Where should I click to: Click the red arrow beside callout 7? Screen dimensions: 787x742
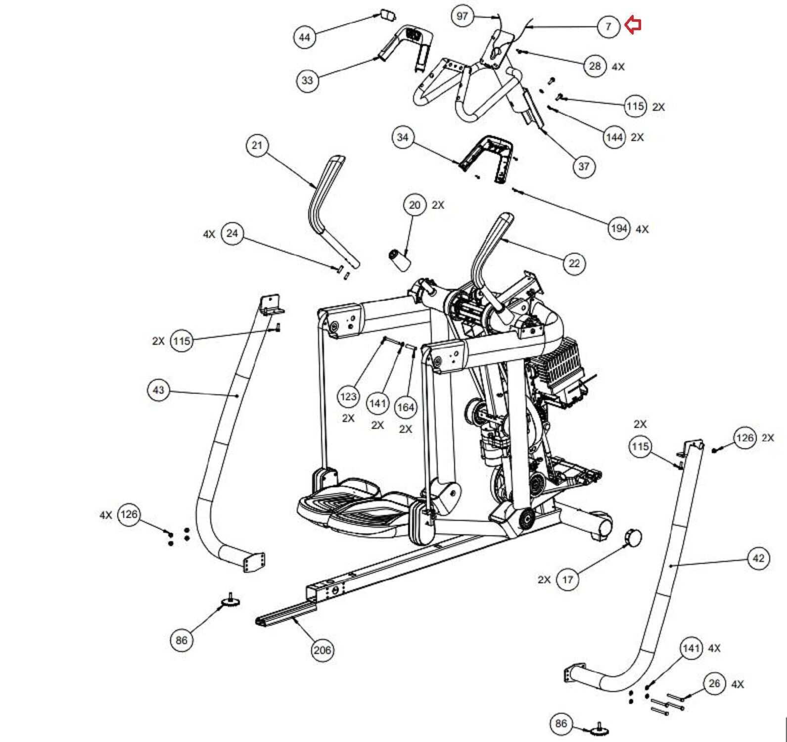tap(633, 25)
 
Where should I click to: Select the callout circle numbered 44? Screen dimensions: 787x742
tap(305, 37)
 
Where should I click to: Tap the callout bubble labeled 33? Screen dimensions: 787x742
tap(307, 80)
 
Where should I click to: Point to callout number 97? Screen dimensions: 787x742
tap(462, 16)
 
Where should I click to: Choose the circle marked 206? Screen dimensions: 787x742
tap(323, 650)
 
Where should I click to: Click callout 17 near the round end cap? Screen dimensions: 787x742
tap(567, 579)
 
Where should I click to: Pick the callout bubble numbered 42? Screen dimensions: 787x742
tap(758, 559)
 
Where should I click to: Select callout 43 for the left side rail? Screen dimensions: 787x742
tap(158, 390)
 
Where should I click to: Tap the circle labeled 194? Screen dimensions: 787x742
tap(619, 229)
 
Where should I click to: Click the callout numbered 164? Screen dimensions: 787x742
tap(406, 407)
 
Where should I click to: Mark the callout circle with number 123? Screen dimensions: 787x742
tap(348, 396)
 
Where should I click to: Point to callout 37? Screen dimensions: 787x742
tap(584, 166)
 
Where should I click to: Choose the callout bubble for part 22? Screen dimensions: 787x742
tap(574, 263)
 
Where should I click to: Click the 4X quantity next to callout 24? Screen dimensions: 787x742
tap(209, 234)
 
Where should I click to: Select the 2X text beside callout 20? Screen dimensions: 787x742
tap(438, 205)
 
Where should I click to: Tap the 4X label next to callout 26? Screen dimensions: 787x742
tap(738, 684)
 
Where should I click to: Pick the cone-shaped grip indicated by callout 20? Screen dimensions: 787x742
tap(400, 260)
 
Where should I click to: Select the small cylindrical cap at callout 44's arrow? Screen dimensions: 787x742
tap(386, 14)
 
